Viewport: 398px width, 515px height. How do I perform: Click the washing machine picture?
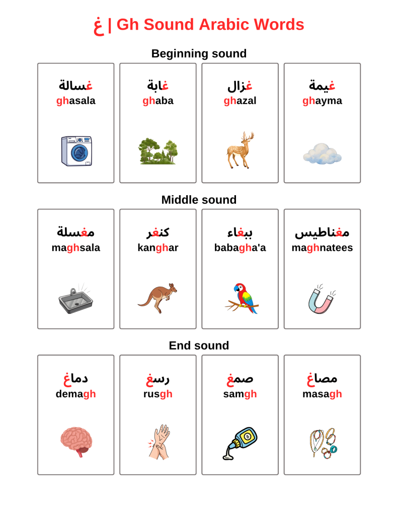coord(76,150)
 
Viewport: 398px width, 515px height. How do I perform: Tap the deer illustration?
coord(240,150)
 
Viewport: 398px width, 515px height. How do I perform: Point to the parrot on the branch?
coord(243,298)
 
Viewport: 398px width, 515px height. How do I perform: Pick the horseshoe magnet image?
coord(322,300)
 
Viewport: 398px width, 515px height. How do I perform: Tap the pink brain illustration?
coord(76,441)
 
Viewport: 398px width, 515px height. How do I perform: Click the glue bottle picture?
coord(241,443)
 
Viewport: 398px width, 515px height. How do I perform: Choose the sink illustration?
coord(75,301)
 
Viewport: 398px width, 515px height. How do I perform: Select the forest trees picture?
coord(158,151)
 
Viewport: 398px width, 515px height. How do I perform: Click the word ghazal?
coord(240,101)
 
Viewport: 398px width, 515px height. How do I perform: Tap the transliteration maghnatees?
coord(322,247)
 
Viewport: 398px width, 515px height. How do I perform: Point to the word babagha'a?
coord(240,247)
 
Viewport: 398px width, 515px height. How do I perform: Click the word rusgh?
coord(158,394)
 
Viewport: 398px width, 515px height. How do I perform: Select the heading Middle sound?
coord(199,200)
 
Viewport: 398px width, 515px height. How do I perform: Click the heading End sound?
coord(199,346)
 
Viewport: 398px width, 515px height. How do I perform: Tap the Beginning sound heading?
coord(199,53)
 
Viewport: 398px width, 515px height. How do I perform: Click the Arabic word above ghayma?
coord(322,85)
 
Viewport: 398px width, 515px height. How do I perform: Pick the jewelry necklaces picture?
coord(323,443)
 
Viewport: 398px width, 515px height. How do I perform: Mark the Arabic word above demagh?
coord(76,378)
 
